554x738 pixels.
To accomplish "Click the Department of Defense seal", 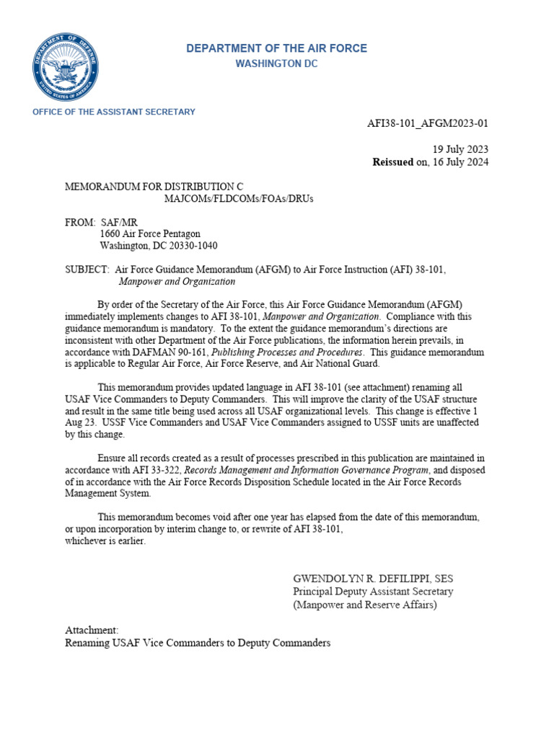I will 66,67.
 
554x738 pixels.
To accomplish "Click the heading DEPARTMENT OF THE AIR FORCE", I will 276,48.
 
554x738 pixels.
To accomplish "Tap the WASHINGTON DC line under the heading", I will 276,64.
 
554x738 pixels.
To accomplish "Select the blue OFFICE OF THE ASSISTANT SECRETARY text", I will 114,112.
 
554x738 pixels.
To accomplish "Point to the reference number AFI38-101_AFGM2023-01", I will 428,123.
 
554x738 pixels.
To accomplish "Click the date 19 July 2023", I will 460,149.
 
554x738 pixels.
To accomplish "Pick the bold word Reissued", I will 392,162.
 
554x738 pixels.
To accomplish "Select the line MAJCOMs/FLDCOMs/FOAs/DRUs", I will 239,198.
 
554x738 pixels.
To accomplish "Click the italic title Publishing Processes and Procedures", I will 286,352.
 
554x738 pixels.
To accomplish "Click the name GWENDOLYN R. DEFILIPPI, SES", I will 373,579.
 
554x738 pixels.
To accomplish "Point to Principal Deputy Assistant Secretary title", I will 373,592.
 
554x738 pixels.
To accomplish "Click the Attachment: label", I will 92,629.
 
